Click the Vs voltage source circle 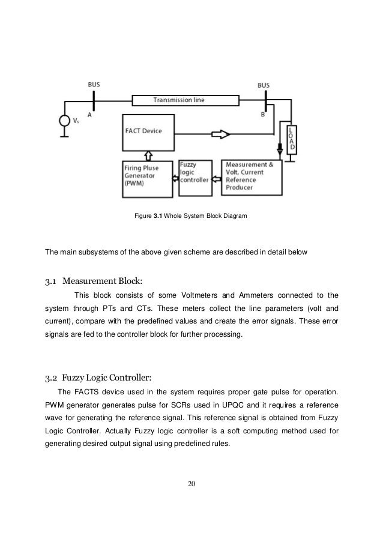click(x=64, y=120)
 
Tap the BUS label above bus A click(x=94, y=85)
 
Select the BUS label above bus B click(x=264, y=85)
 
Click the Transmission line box click(x=178, y=100)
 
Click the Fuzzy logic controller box click(x=194, y=172)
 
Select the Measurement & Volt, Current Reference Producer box click(x=251, y=176)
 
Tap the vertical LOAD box click(x=291, y=139)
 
